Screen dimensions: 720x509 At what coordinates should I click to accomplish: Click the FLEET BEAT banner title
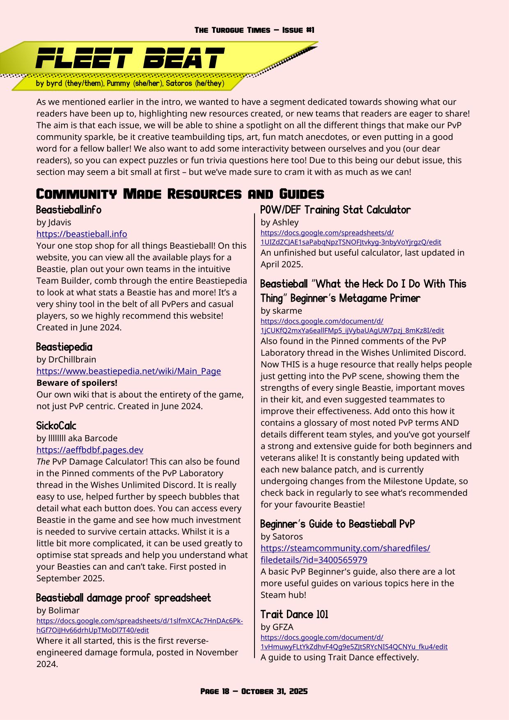tap(130, 58)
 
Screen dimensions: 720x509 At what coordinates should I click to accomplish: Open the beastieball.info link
tap(82, 234)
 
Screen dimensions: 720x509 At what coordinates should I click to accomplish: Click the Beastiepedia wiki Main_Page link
tap(128, 371)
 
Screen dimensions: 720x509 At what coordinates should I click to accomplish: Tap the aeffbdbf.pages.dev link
tap(89, 450)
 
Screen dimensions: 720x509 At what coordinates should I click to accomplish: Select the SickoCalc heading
tap(56, 426)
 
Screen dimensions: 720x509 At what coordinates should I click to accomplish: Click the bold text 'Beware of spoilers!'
tap(77, 383)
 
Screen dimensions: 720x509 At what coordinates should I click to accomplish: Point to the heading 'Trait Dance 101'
tap(294, 615)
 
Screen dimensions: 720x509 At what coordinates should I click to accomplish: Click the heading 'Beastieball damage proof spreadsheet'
tap(123, 598)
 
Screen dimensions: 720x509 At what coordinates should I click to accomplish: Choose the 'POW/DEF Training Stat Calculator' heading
tap(335, 210)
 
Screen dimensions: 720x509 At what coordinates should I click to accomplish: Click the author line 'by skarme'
tap(281, 311)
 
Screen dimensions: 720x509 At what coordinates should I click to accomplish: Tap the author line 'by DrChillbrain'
tap(66, 360)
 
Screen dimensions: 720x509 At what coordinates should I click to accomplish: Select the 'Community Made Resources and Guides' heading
tap(180, 194)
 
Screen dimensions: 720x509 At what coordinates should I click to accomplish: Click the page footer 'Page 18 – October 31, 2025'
tap(254, 691)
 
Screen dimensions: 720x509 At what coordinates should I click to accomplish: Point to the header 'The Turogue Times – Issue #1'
tap(254, 30)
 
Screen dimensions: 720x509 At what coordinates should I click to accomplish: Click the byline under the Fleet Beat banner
tap(130, 83)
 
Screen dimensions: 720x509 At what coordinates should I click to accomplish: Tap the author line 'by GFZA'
tap(277, 627)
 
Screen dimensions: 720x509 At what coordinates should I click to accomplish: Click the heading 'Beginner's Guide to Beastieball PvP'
tap(337, 524)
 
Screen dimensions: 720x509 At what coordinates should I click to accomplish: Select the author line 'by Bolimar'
tap(58, 610)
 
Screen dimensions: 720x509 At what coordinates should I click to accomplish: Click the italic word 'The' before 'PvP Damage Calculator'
tap(43, 462)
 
